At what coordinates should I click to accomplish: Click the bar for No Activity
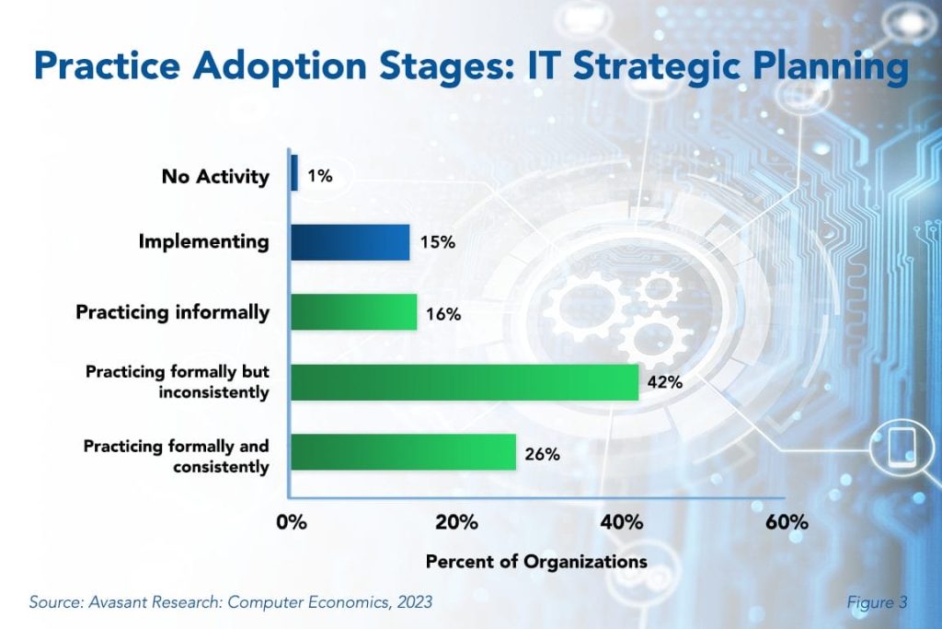(x=294, y=172)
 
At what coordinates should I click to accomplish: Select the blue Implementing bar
(x=350, y=242)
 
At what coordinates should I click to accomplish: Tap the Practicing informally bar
(x=353, y=311)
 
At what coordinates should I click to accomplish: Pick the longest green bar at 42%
(x=465, y=382)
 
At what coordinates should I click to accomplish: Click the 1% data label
(x=320, y=175)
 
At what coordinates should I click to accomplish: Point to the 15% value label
(x=436, y=245)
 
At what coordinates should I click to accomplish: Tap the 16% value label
(x=443, y=314)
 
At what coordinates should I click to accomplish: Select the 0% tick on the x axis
(x=292, y=523)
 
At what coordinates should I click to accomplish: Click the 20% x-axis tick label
(x=456, y=523)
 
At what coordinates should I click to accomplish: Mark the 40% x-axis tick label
(x=621, y=523)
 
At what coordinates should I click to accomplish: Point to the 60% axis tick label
(x=787, y=523)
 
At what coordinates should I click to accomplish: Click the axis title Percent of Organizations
(x=536, y=561)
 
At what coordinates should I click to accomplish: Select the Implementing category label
(x=204, y=242)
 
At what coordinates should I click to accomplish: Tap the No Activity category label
(x=215, y=175)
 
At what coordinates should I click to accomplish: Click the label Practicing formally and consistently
(x=177, y=457)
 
